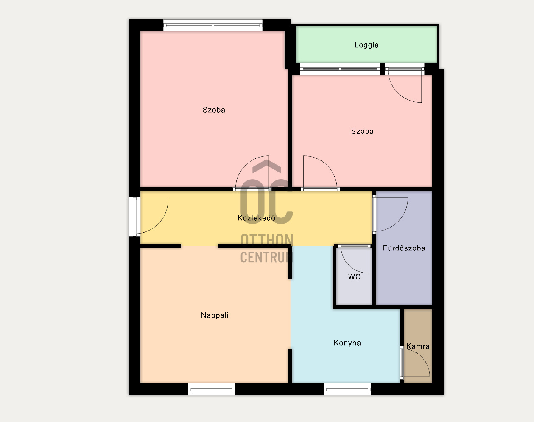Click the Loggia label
tap(366, 45)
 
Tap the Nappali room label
tap(215, 315)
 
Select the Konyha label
tap(347, 343)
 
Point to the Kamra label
tap(418, 346)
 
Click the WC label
tap(354, 276)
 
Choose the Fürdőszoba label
tap(404, 248)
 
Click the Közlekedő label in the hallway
tap(256, 218)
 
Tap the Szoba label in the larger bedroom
tap(214, 110)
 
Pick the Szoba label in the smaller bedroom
tap(362, 131)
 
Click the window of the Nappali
tap(211, 389)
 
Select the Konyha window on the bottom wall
tap(347, 389)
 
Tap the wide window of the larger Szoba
tap(212, 25)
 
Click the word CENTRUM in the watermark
tap(266, 257)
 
